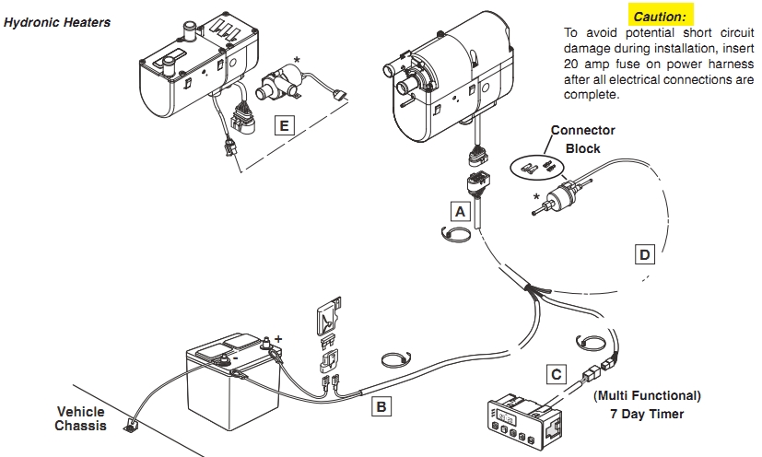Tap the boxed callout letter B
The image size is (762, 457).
381,404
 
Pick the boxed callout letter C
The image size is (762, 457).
555,373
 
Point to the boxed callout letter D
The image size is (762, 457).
644,252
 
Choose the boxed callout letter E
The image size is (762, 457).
285,125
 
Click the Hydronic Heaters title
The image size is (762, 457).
57,21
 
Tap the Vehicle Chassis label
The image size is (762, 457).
81,418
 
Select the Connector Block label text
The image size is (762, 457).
582,139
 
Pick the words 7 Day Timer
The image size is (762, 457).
648,414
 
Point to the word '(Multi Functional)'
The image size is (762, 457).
647,395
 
